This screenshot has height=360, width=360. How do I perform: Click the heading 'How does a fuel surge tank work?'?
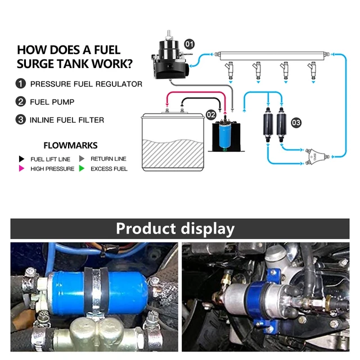pyautogui.click(x=75, y=56)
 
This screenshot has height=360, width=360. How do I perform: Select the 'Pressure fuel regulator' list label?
pyautogui.click(x=86, y=84)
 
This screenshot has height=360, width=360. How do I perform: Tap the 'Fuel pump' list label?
pyautogui.click(x=52, y=102)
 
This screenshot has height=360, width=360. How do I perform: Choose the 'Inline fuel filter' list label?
pyautogui.click(x=67, y=120)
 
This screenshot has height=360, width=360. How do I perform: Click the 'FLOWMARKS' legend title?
pyautogui.click(x=70, y=145)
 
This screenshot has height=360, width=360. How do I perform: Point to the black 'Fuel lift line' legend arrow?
pyautogui.click(x=21, y=159)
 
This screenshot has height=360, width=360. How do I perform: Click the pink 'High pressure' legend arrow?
pyautogui.click(x=21, y=169)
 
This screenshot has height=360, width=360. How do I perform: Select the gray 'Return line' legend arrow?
pyautogui.click(x=82, y=159)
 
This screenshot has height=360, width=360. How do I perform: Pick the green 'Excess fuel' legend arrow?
pyautogui.click(x=82, y=169)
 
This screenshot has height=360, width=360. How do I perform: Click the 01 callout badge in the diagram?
pyautogui.click(x=190, y=43)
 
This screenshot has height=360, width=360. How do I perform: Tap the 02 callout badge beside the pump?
pyautogui.click(x=211, y=115)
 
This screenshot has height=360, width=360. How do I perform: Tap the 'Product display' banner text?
pyautogui.click(x=175, y=229)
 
